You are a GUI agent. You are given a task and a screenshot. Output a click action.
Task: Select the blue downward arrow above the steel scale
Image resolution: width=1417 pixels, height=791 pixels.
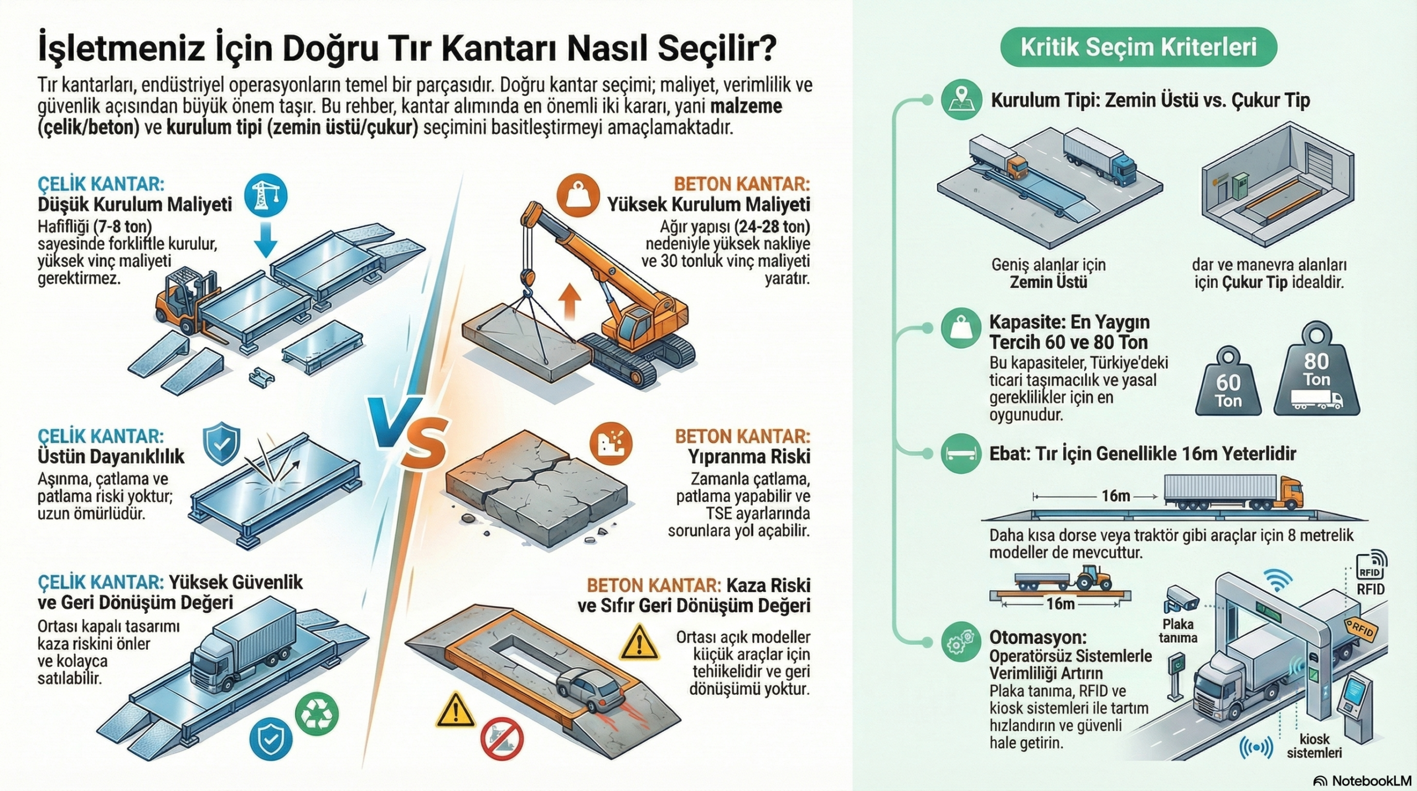click(266, 238)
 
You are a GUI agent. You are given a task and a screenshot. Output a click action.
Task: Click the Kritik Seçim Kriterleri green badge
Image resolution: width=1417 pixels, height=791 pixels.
click(1139, 48)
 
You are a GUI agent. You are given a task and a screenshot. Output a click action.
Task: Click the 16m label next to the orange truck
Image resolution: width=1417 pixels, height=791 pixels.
click(1115, 495)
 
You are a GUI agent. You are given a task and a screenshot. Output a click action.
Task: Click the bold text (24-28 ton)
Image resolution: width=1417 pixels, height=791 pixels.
click(772, 227)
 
